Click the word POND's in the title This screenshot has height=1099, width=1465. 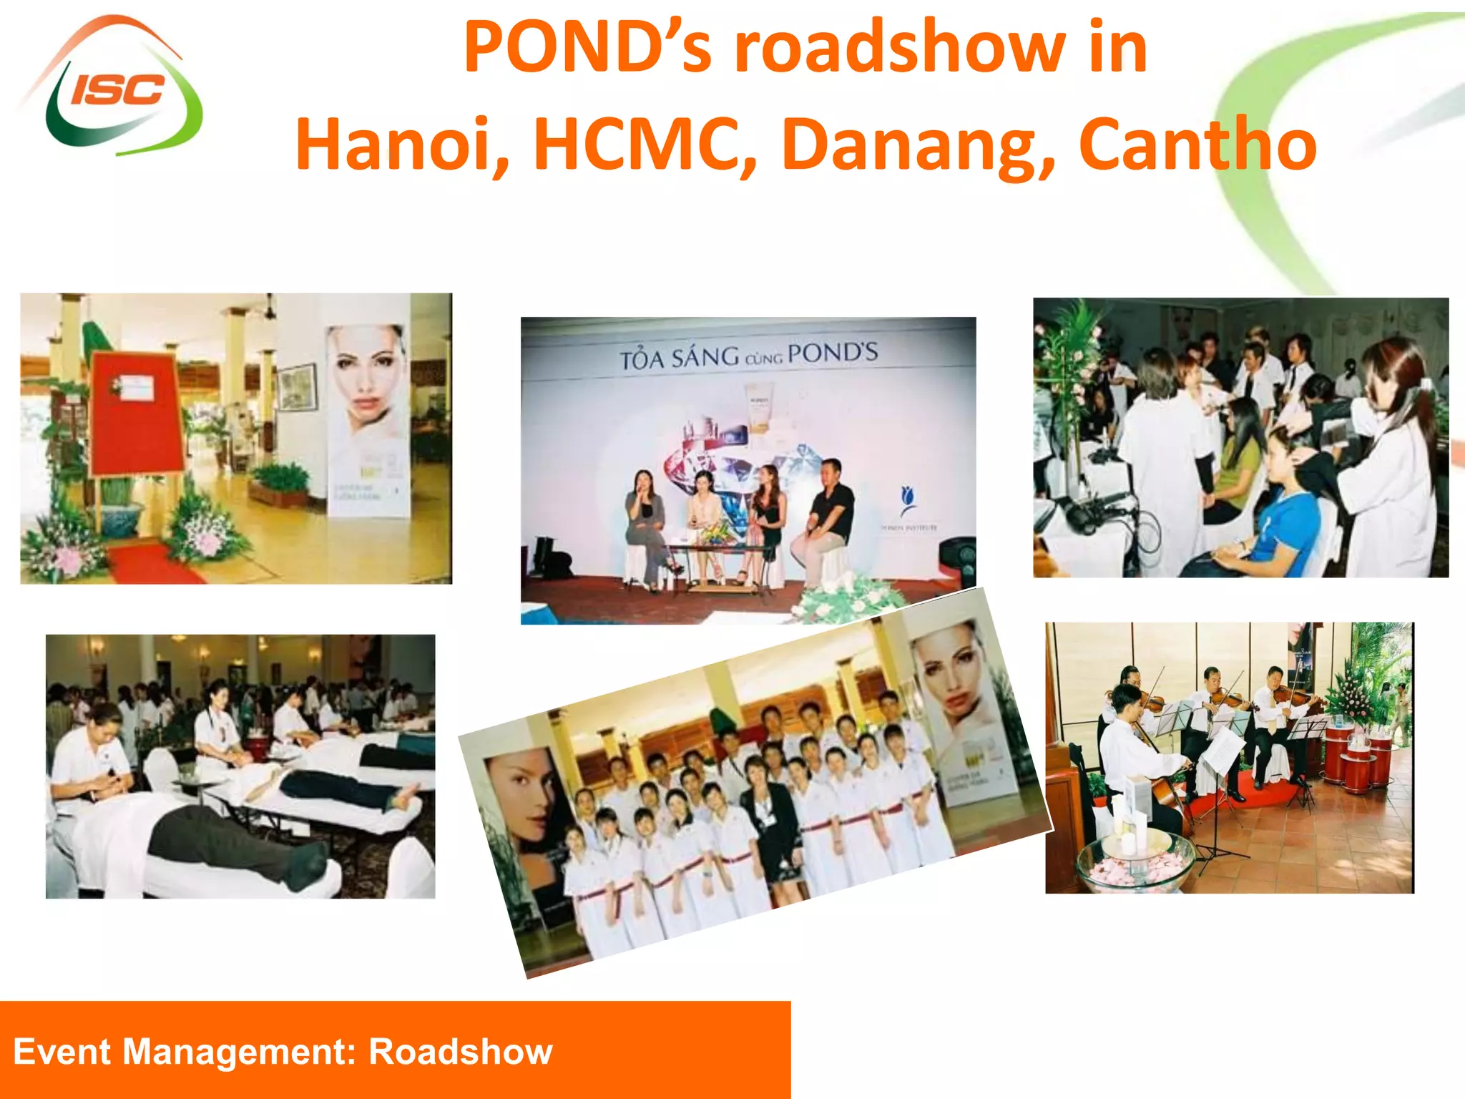(x=587, y=47)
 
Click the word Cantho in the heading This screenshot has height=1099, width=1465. (x=1197, y=145)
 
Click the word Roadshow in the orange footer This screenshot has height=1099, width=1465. (x=461, y=1052)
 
